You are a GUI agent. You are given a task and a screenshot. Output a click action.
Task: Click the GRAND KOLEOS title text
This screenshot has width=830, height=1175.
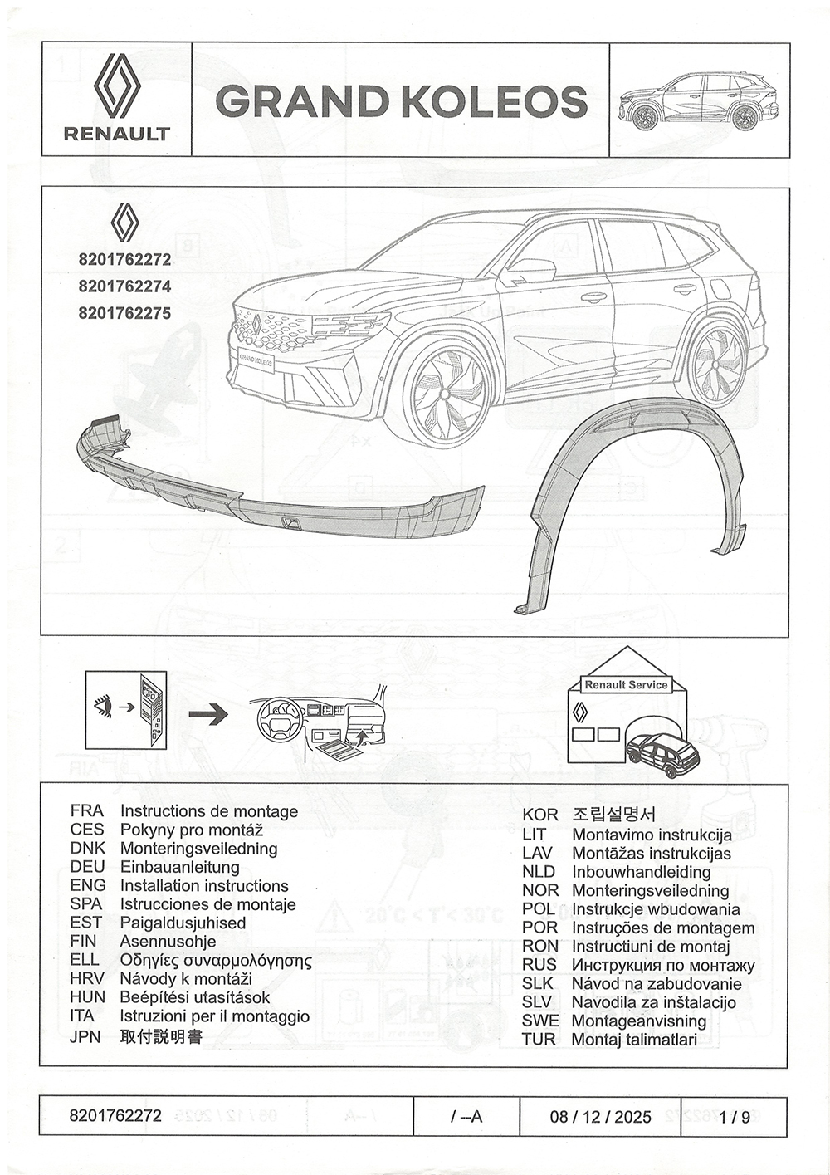401,101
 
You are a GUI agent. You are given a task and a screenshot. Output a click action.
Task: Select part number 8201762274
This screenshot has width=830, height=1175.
124,286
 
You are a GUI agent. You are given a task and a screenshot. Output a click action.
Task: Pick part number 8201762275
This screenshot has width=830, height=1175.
124,313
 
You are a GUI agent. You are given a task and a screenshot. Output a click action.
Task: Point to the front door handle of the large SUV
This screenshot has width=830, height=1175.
593,296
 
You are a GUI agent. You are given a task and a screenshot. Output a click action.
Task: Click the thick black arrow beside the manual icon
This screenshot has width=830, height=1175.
207,713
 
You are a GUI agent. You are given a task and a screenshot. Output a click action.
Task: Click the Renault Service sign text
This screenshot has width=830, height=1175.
626,685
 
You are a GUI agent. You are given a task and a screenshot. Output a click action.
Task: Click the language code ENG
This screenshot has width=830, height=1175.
87,886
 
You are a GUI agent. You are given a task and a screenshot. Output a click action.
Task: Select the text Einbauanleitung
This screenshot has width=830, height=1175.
179,867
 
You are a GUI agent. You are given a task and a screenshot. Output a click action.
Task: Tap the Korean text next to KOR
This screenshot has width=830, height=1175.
613,815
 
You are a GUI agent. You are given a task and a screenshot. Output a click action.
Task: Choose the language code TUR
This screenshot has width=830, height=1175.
539,1039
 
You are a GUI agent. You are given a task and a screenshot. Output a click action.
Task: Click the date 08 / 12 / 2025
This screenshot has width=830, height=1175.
600,1117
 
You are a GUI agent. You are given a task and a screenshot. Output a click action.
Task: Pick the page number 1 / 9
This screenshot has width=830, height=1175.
735,1117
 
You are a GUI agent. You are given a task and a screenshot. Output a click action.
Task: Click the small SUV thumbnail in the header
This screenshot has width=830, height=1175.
698,100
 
